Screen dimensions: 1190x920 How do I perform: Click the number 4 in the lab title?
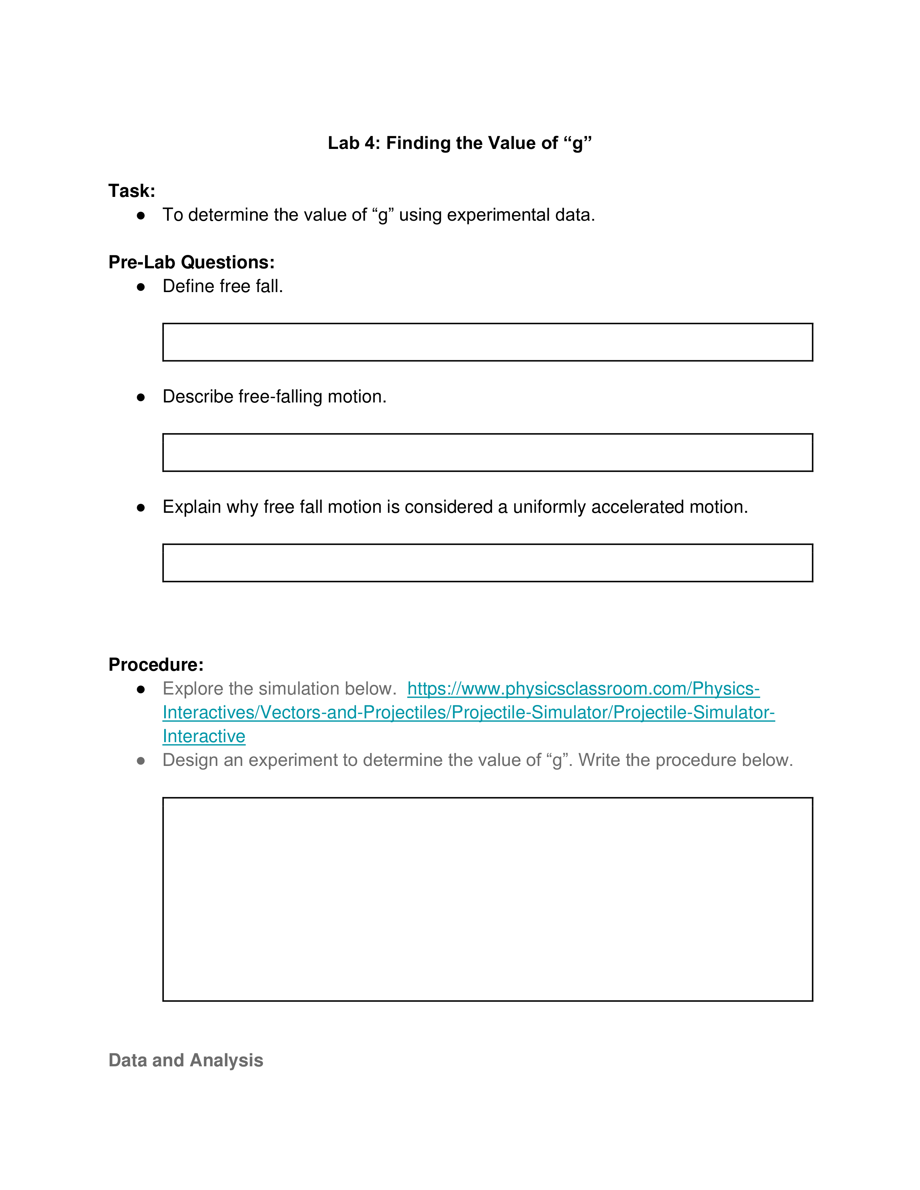370,143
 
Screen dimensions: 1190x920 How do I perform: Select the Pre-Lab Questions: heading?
191,262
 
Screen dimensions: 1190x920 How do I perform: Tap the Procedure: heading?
156,664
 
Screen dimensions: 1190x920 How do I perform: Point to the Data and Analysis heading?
186,1060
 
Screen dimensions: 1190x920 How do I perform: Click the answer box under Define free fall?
487,342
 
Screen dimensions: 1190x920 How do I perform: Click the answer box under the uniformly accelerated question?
487,563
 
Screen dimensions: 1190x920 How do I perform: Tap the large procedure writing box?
487,899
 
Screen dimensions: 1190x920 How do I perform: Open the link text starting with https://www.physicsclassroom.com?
583,689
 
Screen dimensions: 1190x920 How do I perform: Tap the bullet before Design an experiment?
141,761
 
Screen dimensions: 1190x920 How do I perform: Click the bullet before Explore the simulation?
141,689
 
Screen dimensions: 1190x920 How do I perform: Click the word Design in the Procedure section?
189,760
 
